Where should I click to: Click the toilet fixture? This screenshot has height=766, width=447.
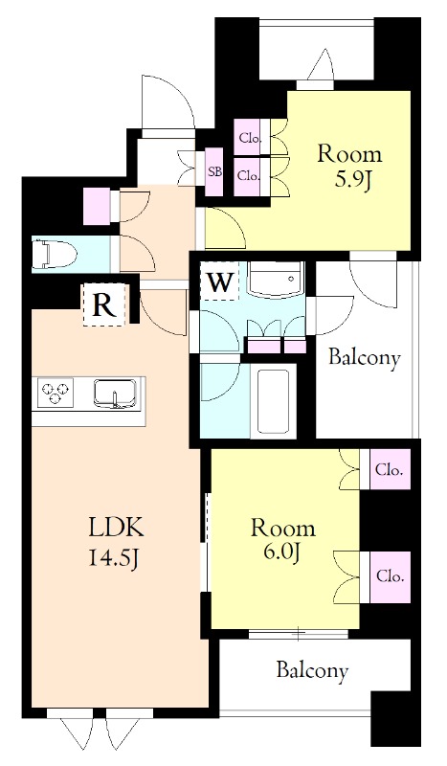(55, 255)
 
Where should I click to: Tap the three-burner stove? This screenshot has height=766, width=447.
(54, 392)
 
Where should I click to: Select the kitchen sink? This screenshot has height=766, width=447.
(115, 394)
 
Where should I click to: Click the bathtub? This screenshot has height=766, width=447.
(273, 401)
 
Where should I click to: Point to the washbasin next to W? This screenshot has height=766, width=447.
(276, 279)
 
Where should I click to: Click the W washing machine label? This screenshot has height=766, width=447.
(219, 282)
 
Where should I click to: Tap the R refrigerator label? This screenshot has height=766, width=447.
(103, 305)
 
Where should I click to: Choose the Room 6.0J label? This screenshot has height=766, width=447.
(283, 539)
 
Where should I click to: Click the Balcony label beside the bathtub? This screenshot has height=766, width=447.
(364, 358)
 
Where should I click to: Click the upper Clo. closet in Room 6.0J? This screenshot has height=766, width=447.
(390, 470)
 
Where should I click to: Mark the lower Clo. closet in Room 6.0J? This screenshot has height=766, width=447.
(390, 577)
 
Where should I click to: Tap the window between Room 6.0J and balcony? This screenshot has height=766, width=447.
(298, 634)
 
